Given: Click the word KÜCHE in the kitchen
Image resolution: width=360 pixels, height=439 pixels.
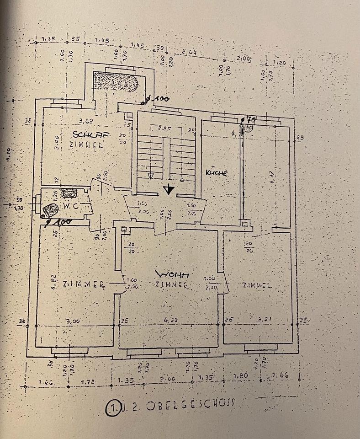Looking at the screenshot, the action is pos(217,173).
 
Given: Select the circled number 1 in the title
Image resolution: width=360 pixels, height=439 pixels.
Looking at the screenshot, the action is pos(111,407).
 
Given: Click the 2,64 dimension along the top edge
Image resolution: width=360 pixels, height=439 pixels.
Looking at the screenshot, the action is pos(188,53).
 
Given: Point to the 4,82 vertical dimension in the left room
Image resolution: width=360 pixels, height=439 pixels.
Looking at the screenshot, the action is pos(53,280).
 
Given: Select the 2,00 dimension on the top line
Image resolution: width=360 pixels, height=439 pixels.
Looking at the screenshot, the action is pos(244,58).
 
